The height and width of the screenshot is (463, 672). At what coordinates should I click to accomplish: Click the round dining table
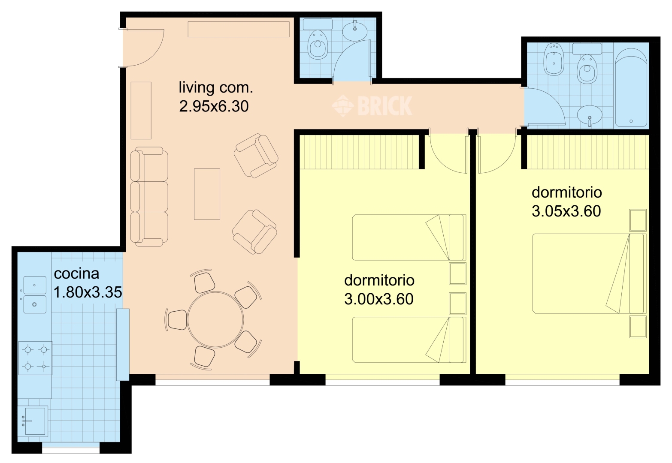(x=215, y=319)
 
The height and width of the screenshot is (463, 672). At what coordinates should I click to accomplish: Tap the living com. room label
(x=216, y=87)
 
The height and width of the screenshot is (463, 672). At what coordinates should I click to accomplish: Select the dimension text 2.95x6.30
(x=214, y=106)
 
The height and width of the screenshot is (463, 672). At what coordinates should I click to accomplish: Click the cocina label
(x=76, y=274)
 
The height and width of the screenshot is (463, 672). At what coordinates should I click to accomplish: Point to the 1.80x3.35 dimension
(x=88, y=292)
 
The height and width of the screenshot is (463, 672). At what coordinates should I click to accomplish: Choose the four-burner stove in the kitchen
(x=35, y=358)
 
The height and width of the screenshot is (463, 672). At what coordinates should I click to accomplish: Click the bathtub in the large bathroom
(x=631, y=88)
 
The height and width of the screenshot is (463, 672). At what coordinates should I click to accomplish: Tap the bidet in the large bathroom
(x=554, y=59)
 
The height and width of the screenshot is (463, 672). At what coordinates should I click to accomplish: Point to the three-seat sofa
(x=149, y=196)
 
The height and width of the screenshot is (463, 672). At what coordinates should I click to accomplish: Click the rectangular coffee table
(x=207, y=194)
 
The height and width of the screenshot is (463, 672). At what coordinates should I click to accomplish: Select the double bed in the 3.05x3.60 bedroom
(x=589, y=274)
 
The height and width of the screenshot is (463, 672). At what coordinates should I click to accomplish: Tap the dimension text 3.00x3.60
(x=378, y=299)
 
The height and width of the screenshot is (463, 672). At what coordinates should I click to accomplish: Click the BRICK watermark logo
(x=372, y=105)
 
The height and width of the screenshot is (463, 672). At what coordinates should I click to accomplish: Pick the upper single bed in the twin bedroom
(x=409, y=238)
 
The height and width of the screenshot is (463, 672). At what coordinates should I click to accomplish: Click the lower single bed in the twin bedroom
(x=409, y=340)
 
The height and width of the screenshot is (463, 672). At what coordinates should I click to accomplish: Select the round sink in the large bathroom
(x=590, y=114)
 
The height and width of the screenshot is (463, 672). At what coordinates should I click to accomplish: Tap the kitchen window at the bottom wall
(x=70, y=451)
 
